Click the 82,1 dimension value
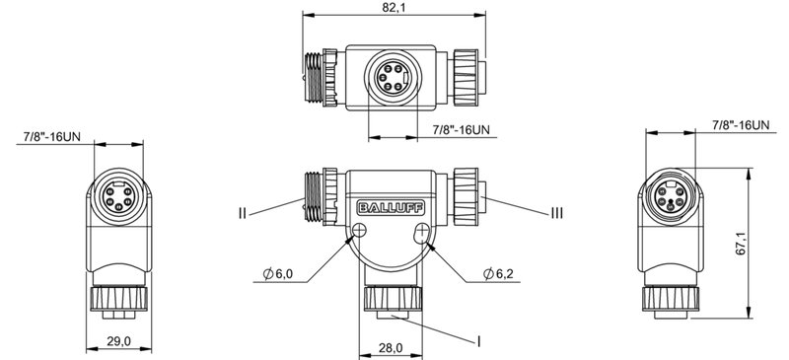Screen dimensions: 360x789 point(394,8)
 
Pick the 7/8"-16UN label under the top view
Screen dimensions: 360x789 point(462,130)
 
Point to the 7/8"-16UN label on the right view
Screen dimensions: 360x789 point(739,124)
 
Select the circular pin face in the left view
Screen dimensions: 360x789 point(117,194)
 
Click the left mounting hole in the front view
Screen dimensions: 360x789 point(360,233)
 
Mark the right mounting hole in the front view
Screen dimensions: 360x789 point(424,234)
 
